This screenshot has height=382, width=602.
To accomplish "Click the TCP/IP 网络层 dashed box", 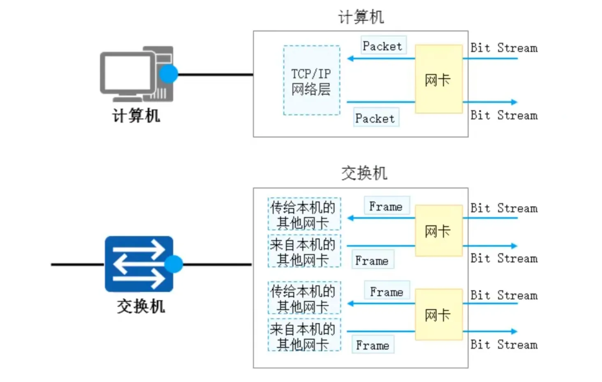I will click(x=312, y=81).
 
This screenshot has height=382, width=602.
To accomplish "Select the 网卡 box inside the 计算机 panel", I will click(x=438, y=79).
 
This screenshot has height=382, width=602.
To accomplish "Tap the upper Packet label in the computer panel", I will click(x=383, y=46).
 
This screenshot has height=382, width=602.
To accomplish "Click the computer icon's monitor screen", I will click(x=127, y=73).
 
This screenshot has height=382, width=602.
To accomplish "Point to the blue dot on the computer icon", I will click(x=168, y=74).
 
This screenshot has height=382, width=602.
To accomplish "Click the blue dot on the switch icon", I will click(x=174, y=264).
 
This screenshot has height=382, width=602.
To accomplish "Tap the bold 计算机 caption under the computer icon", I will click(x=136, y=115).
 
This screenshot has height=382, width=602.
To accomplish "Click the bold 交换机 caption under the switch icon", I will click(x=141, y=306).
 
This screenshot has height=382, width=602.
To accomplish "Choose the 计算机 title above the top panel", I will click(x=361, y=17).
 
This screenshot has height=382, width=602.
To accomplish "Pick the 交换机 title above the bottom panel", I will click(x=364, y=173).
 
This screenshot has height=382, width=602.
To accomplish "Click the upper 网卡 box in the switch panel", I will click(x=438, y=231).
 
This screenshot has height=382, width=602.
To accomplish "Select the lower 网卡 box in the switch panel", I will click(x=438, y=315).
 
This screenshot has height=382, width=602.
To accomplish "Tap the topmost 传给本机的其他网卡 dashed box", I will click(x=304, y=214).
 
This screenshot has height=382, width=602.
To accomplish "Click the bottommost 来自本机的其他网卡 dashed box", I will click(x=304, y=335).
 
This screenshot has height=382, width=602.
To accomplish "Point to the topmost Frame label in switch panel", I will click(x=387, y=206).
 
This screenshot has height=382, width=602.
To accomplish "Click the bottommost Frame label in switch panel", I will click(x=373, y=345).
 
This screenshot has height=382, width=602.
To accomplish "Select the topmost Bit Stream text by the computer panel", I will click(x=504, y=48).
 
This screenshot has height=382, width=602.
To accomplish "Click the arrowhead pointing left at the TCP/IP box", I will click(x=350, y=59).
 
